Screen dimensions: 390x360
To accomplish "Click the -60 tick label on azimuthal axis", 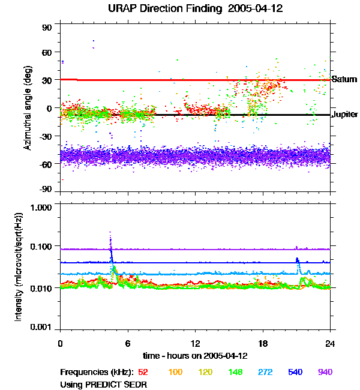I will point(46,163).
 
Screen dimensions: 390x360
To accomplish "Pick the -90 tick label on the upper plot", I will point(46,190).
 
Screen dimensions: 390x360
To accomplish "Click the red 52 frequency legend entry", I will point(143,373).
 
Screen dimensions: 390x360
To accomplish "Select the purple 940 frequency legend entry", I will point(325,373).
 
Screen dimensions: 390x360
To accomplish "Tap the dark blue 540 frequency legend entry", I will point(295,373).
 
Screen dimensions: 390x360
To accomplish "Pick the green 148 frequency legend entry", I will point(235,373).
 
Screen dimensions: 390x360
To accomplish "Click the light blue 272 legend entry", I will point(265,373).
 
